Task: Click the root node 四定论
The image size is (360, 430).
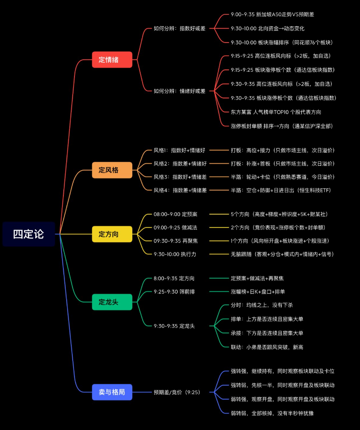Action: pos(28,234)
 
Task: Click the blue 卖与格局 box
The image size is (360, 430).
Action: pos(112,392)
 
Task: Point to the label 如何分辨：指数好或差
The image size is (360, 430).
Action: pos(180,28)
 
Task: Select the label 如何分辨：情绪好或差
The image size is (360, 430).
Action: pos(180,91)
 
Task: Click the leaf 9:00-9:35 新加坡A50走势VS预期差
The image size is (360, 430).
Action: pos(272,14)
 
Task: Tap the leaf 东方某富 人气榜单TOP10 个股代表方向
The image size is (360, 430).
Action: pos(276,112)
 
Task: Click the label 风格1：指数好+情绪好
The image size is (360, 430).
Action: pos(179,150)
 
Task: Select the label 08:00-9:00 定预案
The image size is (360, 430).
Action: pos(175,214)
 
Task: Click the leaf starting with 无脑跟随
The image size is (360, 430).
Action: pos(282,254)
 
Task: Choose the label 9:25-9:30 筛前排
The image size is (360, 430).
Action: pos(174,291)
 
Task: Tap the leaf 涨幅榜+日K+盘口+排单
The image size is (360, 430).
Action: pos(258,291)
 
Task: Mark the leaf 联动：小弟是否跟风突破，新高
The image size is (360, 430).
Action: pos(267,347)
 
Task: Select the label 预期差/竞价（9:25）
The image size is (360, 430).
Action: pos(177,392)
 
